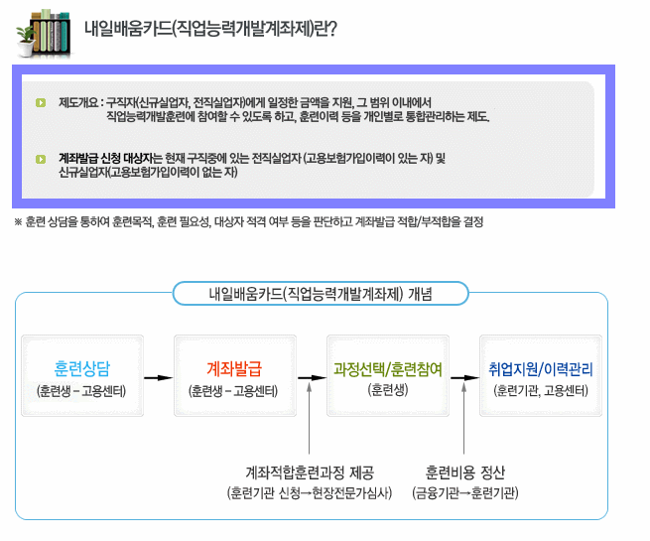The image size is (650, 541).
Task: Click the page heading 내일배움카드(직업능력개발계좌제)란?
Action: click(x=210, y=28)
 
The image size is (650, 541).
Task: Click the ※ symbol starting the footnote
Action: click(x=18, y=221)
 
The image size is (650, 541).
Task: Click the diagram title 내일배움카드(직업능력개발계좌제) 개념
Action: click(x=312, y=293)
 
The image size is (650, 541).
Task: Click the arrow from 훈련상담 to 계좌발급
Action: click(x=156, y=378)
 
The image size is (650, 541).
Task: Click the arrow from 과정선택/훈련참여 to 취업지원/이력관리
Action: click(x=462, y=378)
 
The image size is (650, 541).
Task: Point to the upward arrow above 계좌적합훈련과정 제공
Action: click(x=310, y=417)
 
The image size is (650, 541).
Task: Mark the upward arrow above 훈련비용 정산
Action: click(x=464, y=417)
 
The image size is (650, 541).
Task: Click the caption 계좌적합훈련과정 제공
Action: click(x=310, y=471)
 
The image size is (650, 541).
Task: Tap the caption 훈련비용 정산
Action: click(x=465, y=471)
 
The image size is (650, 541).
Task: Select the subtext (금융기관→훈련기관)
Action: click(x=465, y=491)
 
